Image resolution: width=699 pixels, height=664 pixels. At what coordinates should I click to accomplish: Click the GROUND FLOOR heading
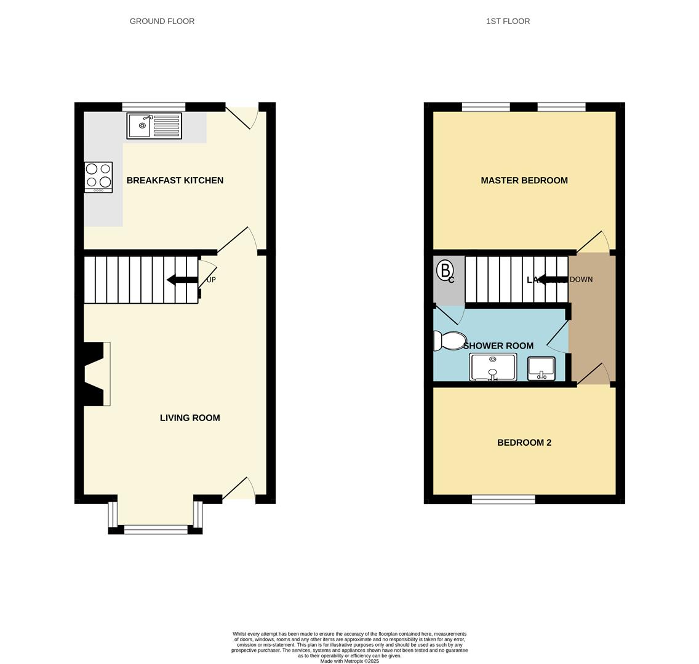(162, 21)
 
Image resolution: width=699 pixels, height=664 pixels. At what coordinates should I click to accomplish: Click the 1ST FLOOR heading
(508, 21)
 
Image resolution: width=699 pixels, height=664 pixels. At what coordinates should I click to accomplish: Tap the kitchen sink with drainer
(154, 125)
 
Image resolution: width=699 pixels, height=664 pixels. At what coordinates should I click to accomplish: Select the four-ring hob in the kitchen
(98, 177)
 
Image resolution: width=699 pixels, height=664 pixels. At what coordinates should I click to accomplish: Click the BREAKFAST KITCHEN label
(175, 180)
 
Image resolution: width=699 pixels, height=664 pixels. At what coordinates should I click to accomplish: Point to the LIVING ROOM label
(190, 417)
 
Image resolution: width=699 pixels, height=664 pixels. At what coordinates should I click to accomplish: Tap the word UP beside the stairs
(211, 280)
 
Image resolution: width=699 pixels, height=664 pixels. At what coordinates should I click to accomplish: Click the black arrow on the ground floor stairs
(182, 280)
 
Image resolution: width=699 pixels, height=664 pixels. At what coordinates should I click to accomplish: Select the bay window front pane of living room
(156, 529)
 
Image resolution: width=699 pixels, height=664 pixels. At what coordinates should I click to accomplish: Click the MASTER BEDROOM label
(524, 180)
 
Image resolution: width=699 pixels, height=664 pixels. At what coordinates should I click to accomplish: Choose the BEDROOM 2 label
(524, 442)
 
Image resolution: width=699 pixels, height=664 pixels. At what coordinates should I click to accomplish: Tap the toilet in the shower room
(450, 340)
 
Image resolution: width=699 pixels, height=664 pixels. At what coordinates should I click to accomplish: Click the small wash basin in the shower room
(541, 368)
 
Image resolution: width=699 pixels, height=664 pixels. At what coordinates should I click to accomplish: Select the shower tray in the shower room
(492, 367)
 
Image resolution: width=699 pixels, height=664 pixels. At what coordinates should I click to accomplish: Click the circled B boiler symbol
(444, 269)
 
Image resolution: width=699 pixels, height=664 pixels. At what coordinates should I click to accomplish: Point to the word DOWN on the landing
(581, 279)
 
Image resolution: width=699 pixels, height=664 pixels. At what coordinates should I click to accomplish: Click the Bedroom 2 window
(503, 499)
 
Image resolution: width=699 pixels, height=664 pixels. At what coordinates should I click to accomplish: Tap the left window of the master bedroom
(485, 107)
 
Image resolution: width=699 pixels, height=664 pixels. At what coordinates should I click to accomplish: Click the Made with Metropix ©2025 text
(349, 661)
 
